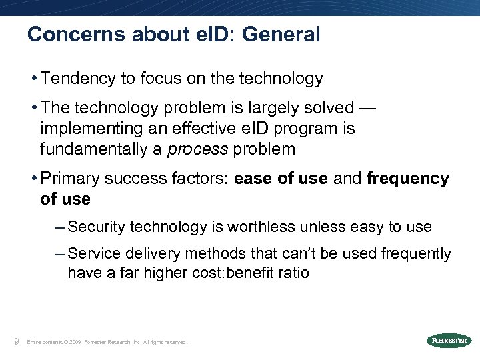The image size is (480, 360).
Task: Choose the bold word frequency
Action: pyautogui.click(x=408, y=179)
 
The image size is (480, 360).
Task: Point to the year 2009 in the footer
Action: pyautogui.click(x=74, y=342)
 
